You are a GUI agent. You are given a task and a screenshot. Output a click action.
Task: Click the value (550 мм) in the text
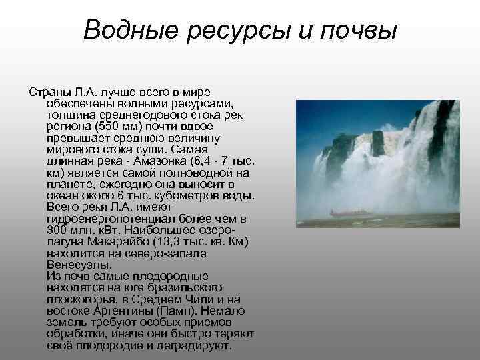click(119, 126)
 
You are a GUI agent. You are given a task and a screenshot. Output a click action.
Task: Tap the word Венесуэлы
click(75, 264)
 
